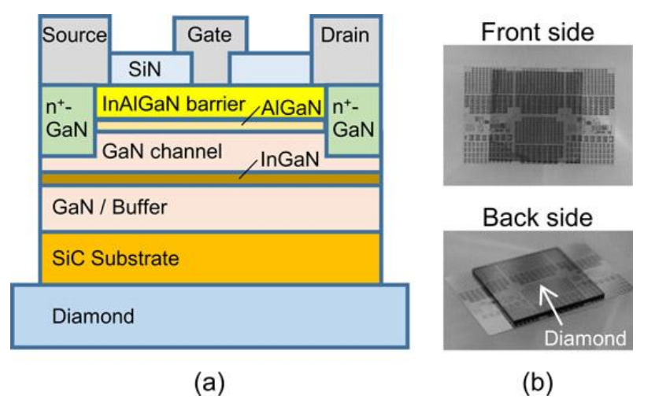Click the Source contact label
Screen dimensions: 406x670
pos(75,35)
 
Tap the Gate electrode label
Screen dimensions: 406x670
pos(209,35)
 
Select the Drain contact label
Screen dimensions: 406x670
pos(345,35)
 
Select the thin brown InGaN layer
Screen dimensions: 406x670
pos(210,179)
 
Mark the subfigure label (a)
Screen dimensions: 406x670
pos(209,383)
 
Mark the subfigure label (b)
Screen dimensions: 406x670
pos(538,383)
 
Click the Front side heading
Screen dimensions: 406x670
pos(538,32)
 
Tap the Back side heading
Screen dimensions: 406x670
pos(538,217)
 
